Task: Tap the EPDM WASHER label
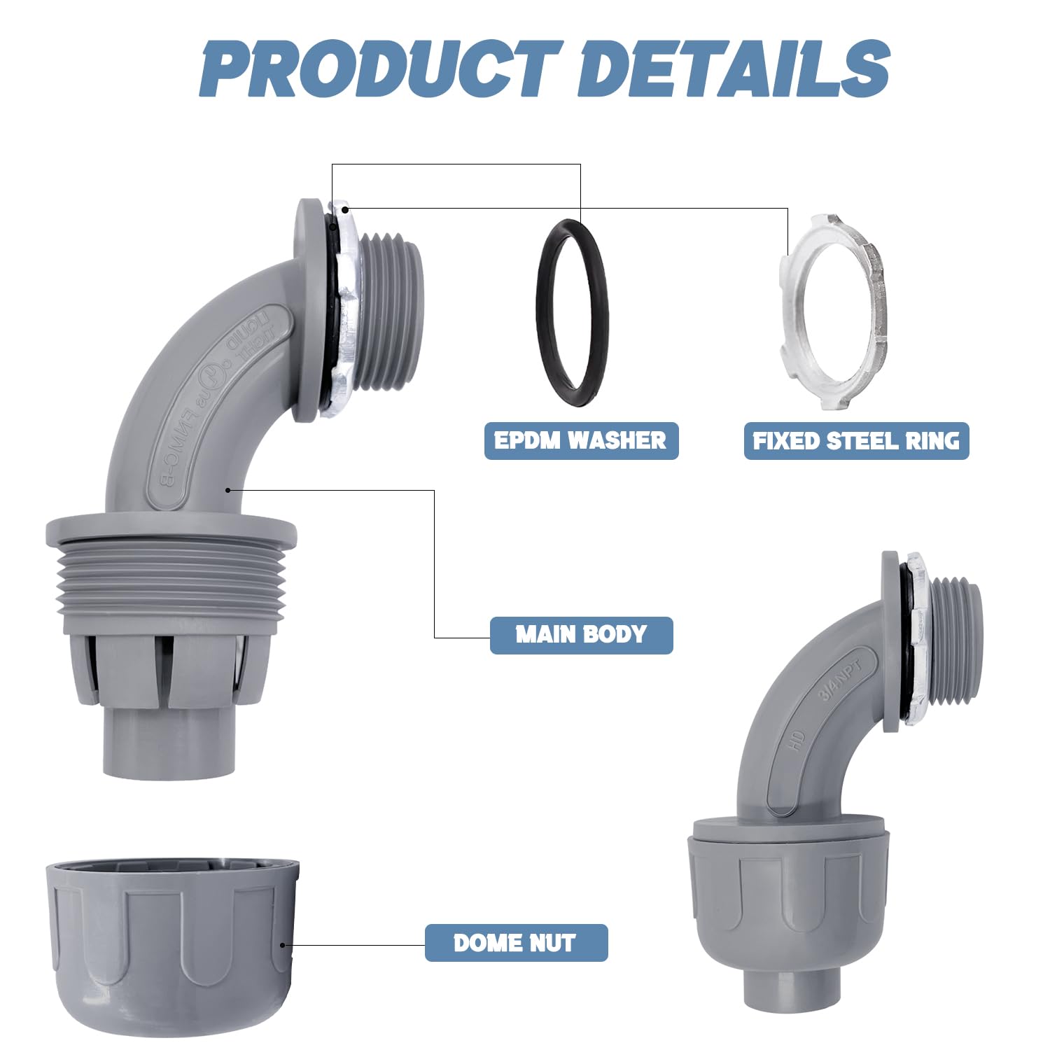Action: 581,440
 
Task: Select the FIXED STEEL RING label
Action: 856,440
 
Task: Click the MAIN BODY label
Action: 581,635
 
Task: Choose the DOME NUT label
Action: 516,943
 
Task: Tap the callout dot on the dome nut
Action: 283,945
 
